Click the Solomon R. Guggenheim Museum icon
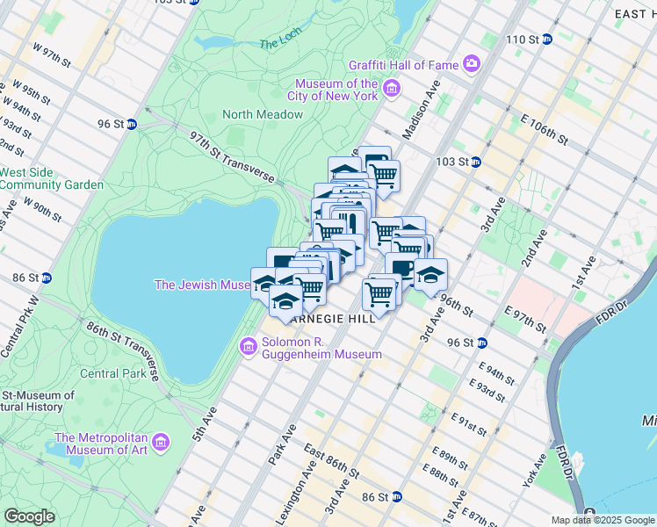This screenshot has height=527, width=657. pyautogui.click(x=249, y=348)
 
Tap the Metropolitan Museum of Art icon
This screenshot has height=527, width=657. pyautogui.click(x=161, y=440)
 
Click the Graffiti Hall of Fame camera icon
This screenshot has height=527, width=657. pyautogui.click(x=472, y=64)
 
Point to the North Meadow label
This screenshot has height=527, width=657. pyautogui.click(x=263, y=114)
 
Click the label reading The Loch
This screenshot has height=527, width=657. pyautogui.click(x=281, y=43)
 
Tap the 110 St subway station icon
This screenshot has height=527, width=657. pyautogui.click(x=546, y=40)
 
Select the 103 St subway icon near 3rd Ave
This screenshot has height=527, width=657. pyautogui.click(x=475, y=162)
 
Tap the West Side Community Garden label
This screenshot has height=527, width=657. pyautogui.click(x=52, y=178)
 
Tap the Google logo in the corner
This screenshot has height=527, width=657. pyautogui.click(x=29, y=516)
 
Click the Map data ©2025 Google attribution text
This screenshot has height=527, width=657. pyautogui.click(x=602, y=520)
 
